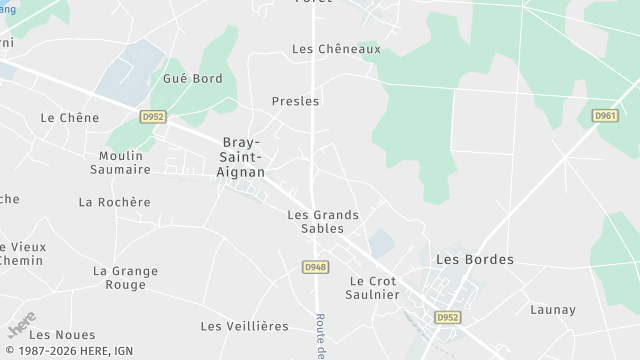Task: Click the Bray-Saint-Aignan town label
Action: (242, 157)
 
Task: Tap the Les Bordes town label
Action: (475, 259)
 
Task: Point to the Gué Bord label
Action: (193, 78)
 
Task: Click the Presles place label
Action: (295, 101)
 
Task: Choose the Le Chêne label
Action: (70, 117)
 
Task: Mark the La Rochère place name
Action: (114, 202)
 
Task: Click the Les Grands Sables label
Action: (323, 221)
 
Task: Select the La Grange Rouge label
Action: (126, 277)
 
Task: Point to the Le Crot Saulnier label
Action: (374, 288)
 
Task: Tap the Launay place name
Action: (553, 310)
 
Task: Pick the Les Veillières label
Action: (244, 326)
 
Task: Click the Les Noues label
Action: (62, 334)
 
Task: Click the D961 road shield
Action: (606, 116)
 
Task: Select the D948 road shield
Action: (315, 267)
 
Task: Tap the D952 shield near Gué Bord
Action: (152, 117)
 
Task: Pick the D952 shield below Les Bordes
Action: (447, 318)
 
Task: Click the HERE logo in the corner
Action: (21, 325)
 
